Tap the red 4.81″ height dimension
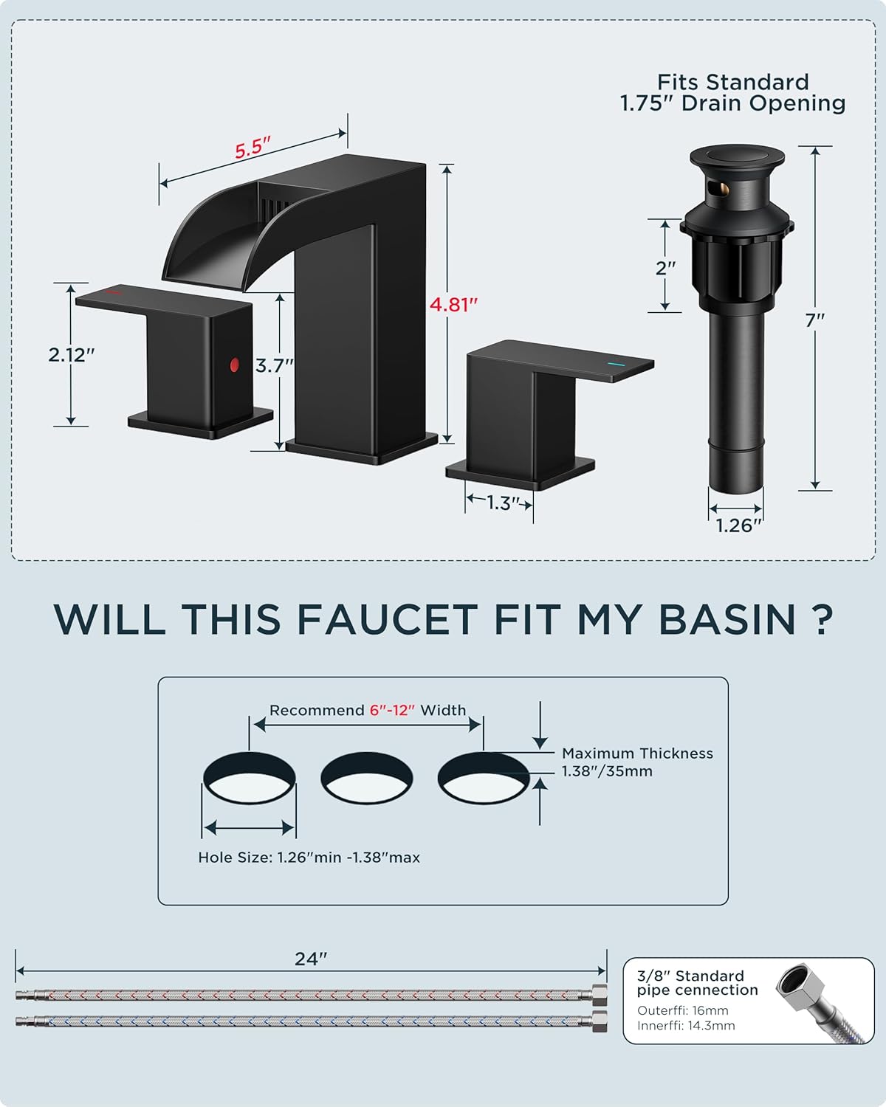pos(454,304)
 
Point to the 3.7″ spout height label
pos(275,365)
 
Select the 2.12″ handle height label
pos(72,355)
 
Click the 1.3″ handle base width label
pos(499,503)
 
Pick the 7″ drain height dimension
pos(815,320)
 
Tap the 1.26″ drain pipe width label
pos(738,525)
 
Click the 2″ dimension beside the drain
pos(666,268)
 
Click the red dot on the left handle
pos(235,365)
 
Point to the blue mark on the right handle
pos(614,364)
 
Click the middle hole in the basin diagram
pos(367,779)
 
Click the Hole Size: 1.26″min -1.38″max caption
pos(309,858)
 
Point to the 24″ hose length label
pos(310,959)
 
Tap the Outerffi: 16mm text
pos(682,1010)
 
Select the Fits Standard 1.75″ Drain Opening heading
pos(732,93)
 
